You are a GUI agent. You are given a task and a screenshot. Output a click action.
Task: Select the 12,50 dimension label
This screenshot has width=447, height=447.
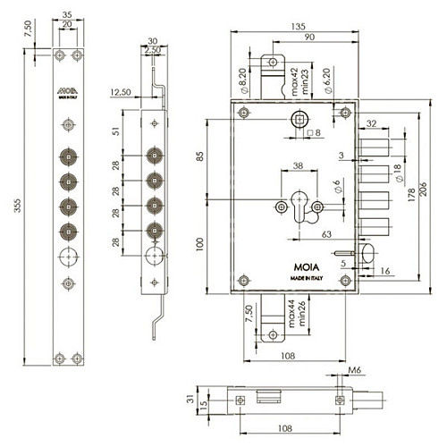pos(122,91)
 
